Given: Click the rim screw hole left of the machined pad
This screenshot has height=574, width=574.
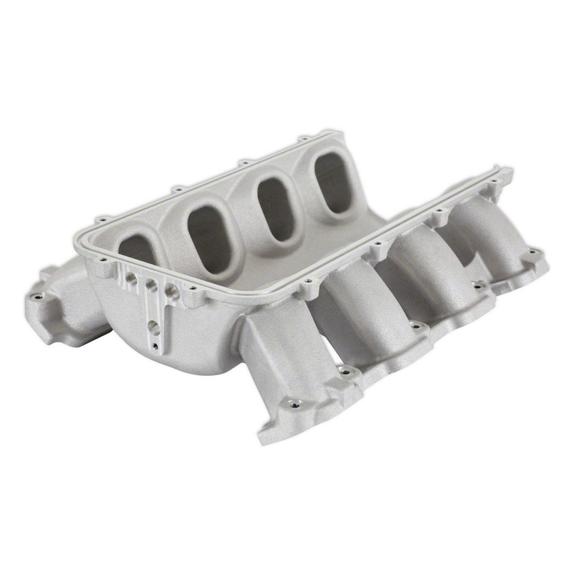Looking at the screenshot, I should [102, 259].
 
